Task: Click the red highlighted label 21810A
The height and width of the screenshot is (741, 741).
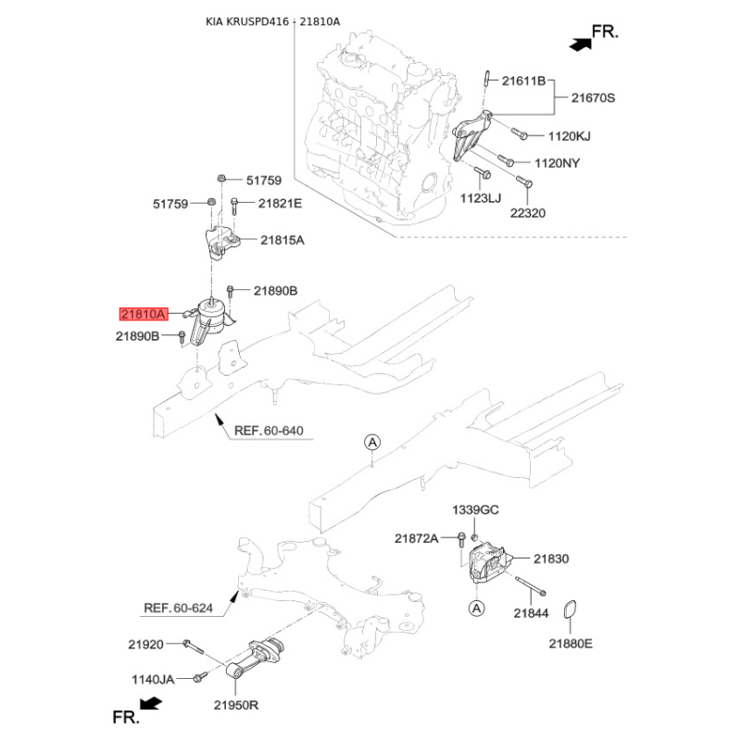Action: tap(143, 314)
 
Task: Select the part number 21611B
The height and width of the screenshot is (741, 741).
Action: tap(524, 82)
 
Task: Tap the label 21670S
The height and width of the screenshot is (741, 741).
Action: tap(593, 97)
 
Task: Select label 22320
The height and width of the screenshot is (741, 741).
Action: tap(529, 212)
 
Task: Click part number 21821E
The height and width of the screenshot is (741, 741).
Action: tap(280, 203)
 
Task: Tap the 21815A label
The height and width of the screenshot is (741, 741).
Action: tap(283, 240)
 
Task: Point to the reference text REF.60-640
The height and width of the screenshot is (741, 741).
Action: tap(269, 432)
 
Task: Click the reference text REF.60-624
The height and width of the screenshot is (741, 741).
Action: tap(179, 609)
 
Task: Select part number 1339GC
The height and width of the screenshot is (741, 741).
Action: tap(475, 510)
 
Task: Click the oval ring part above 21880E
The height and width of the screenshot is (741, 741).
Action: tap(573, 610)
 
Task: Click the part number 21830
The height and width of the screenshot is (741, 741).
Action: tap(550, 559)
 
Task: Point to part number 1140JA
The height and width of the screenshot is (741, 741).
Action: tap(151, 679)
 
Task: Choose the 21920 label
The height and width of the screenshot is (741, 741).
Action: tap(145, 642)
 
